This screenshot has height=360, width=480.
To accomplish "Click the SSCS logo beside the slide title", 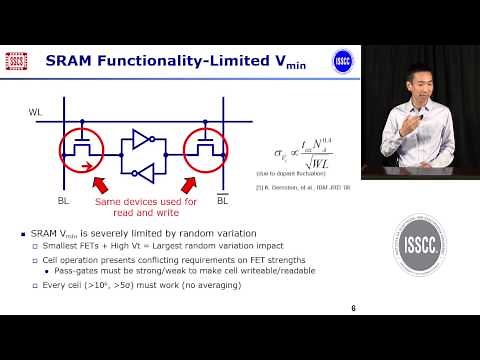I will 17,61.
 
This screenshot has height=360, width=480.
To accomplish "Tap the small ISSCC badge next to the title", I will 342,60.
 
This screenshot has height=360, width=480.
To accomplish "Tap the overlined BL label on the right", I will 223,201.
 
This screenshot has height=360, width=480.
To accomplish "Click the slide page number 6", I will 353,308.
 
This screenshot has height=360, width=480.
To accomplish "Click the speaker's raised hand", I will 405,127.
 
